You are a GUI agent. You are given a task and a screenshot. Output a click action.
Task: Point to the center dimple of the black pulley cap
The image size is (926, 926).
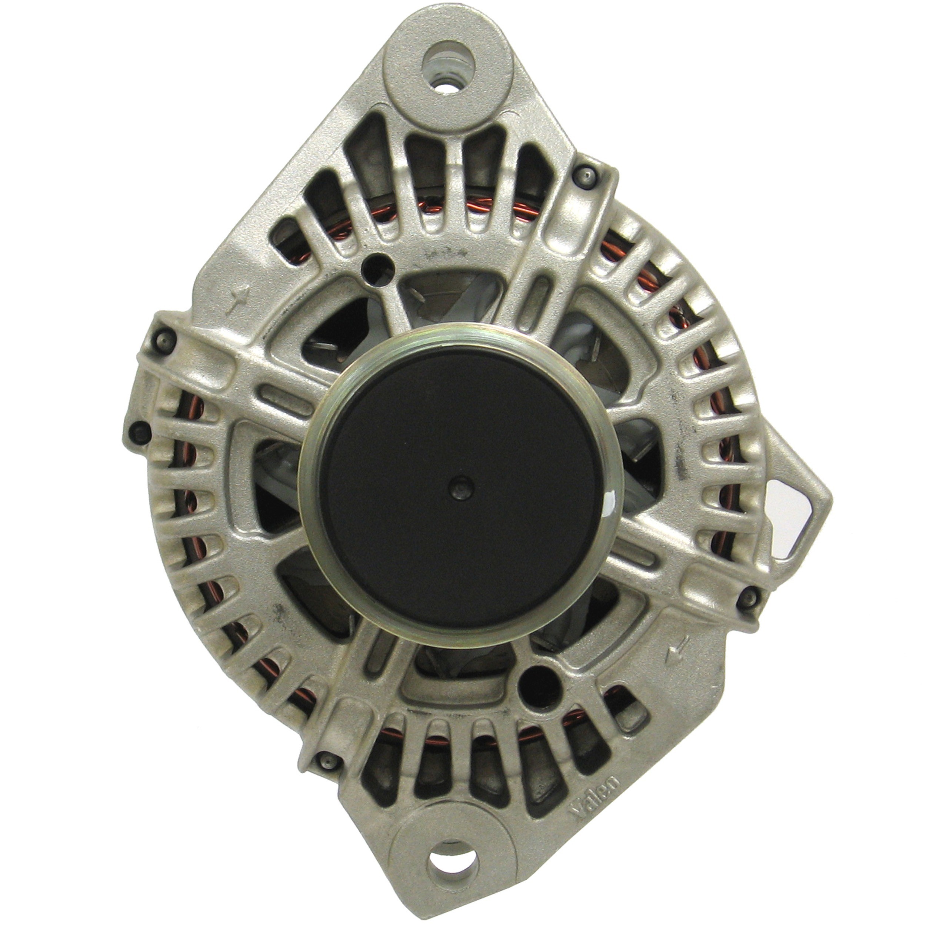click(460, 488)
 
